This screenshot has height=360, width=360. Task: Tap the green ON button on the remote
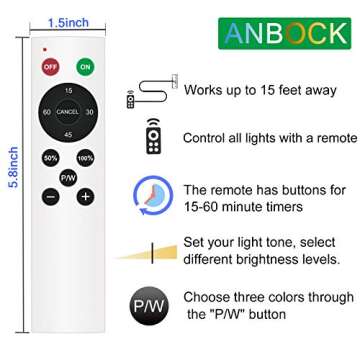click(85, 67)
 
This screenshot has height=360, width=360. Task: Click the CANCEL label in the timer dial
click(68, 112)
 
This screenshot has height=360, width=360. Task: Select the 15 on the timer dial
click(68, 91)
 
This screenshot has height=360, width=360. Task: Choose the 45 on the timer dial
click(68, 133)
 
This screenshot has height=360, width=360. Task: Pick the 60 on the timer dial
click(48, 112)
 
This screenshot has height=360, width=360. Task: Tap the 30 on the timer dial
click(89, 112)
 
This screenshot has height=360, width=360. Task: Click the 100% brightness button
click(85, 158)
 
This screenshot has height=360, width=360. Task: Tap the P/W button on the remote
click(68, 177)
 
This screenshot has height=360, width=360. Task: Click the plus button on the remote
click(85, 196)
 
